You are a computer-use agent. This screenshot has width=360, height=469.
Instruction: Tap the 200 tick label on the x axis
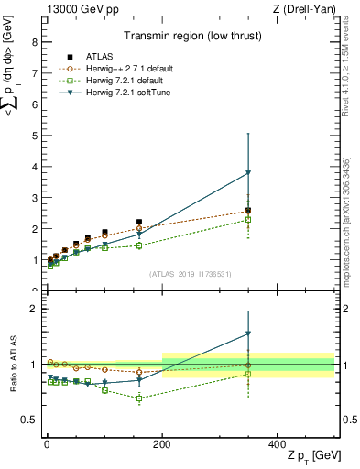pos(162,443)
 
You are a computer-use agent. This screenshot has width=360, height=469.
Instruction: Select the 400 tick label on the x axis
pos(278,443)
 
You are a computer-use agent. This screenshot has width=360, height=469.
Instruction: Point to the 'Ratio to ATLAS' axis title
pos(12,365)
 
